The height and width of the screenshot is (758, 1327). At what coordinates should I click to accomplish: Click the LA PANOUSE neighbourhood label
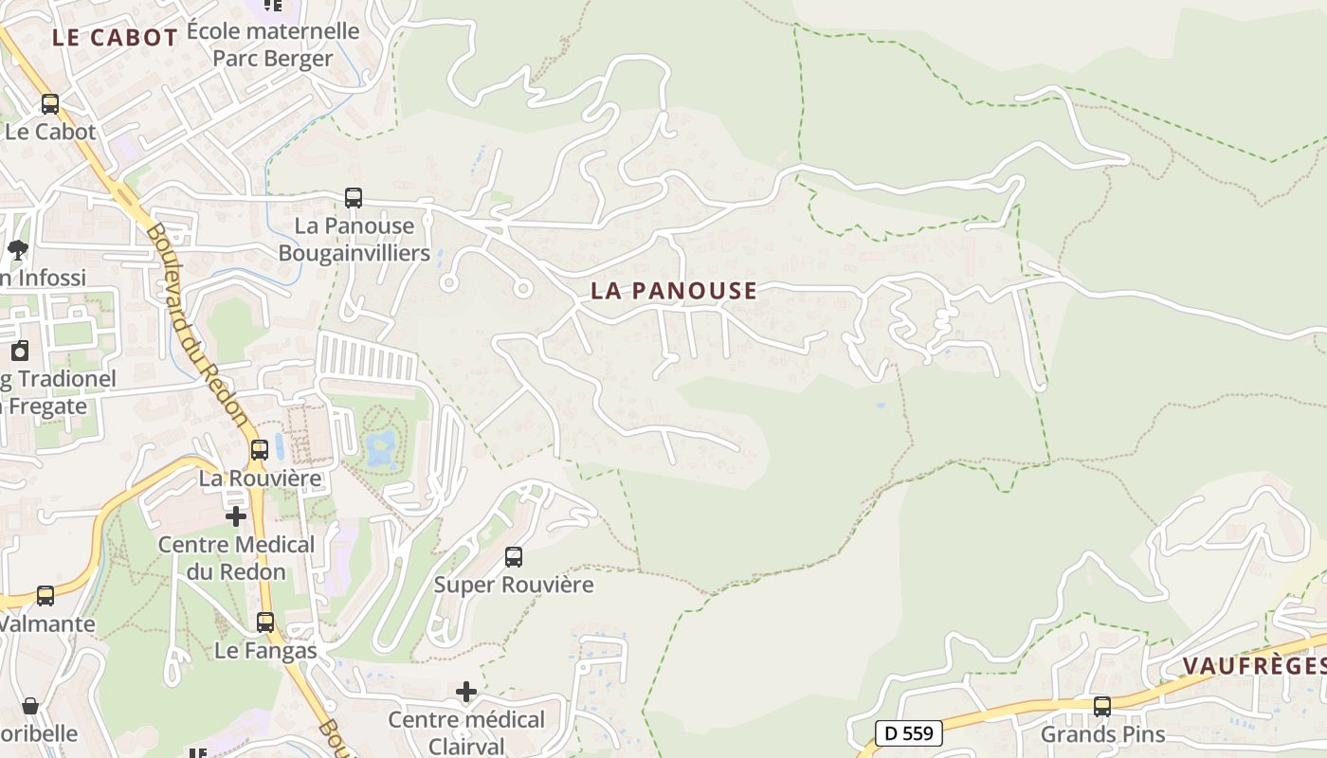pyautogui.click(x=674, y=291)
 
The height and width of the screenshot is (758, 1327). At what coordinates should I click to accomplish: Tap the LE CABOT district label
pyautogui.click(x=115, y=38)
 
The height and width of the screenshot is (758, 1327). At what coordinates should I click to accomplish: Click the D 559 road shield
pyautogui.click(x=908, y=732)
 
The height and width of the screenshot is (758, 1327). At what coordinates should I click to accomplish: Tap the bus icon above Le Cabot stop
pyautogui.click(x=50, y=104)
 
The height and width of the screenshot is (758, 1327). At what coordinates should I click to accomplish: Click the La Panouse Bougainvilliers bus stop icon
pyautogui.click(x=354, y=198)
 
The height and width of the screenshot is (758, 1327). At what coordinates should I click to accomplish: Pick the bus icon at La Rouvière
pyautogui.click(x=260, y=450)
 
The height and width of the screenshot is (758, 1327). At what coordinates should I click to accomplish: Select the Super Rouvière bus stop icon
pyautogui.click(x=514, y=557)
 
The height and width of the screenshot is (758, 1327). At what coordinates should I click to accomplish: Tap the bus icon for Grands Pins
pyautogui.click(x=1102, y=706)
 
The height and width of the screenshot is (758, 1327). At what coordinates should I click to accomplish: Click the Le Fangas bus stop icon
pyautogui.click(x=265, y=623)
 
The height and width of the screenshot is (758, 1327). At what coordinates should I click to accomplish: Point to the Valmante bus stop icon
pyautogui.click(x=45, y=596)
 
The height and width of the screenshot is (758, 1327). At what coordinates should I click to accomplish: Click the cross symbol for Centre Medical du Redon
pyautogui.click(x=236, y=516)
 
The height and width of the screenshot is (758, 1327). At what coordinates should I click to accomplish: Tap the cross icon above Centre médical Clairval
pyautogui.click(x=466, y=692)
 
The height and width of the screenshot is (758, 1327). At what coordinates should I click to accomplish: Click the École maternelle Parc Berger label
pyautogui.click(x=273, y=45)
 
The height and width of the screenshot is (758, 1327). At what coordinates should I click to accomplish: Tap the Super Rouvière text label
pyautogui.click(x=514, y=585)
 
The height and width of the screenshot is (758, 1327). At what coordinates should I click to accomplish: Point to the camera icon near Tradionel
pyautogui.click(x=20, y=352)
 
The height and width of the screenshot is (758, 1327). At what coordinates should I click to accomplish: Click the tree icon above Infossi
pyautogui.click(x=17, y=250)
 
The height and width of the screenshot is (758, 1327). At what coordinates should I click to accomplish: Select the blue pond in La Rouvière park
pyautogui.click(x=382, y=447)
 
